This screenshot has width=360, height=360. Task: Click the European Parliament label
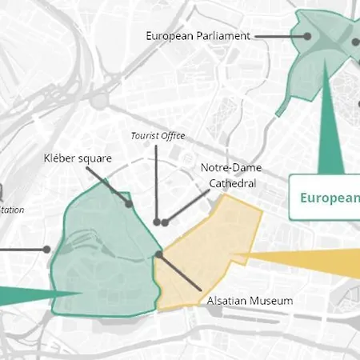pos(198,36)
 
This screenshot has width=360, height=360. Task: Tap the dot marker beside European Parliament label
pos(307,36)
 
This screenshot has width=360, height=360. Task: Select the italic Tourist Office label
pos(158,136)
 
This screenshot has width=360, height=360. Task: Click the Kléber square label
pos(78,158)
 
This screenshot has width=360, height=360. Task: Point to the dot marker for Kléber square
pos(129,205)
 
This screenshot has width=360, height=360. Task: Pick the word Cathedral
pos(232,183)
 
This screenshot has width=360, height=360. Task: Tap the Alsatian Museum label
pos(250,301)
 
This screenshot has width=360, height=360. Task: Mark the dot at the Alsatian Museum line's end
pos(159,254)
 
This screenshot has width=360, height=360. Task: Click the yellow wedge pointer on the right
pos(312,260)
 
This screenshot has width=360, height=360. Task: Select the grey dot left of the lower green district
pos(47,250)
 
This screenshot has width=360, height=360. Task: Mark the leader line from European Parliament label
pos(280,36)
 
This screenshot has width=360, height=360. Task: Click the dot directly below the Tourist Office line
pos(158,222)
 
